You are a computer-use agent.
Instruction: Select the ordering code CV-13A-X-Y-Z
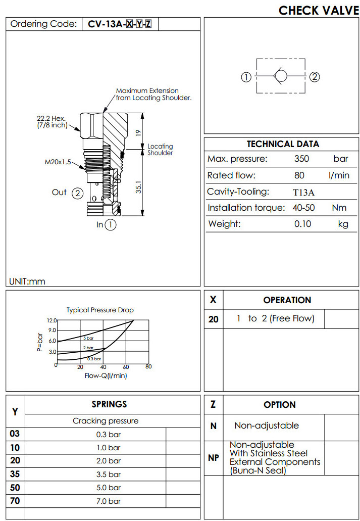tap(120, 24)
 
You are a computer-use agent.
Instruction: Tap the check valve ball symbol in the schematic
tap(280, 77)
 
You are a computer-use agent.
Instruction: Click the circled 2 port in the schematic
tap(315, 77)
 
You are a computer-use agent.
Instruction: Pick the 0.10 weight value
tap(303, 224)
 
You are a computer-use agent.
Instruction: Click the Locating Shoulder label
tap(160, 150)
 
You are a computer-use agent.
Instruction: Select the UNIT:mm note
tap(27, 281)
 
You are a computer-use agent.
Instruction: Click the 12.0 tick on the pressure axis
tap(52, 320)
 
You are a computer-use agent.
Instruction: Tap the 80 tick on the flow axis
tap(148, 367)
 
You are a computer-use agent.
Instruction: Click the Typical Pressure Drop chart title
tap(100, 310)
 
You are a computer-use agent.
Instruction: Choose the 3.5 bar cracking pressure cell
tap(108, 474)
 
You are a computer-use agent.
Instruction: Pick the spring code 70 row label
tap(15, 501)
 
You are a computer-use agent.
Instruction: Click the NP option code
tap(214, 458)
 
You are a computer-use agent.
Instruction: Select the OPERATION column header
tap(287, 300)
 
